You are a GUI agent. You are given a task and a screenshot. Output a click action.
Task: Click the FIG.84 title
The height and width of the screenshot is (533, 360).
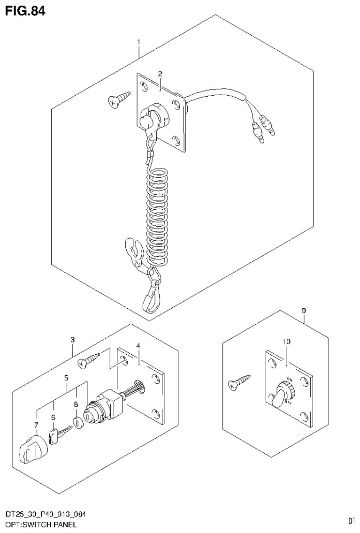click(x=25, y=11)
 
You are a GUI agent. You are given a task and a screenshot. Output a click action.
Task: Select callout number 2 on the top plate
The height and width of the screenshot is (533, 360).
click(x=160, y=74)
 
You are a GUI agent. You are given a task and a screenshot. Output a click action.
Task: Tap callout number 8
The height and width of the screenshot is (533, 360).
click(x=304, y=311)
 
